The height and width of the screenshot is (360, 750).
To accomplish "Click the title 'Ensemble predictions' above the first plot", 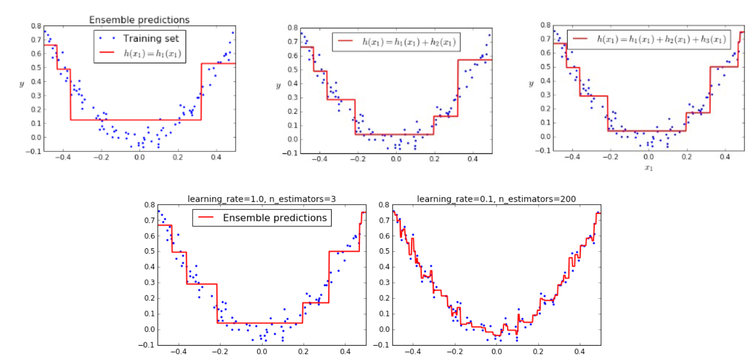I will (139, 20).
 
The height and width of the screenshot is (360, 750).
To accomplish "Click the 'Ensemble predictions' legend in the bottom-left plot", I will (275, 218).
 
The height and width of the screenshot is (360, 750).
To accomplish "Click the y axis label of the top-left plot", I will (22, 84).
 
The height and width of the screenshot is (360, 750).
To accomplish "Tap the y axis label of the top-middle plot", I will (278, 86).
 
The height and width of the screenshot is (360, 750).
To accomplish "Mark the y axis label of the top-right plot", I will (531, 84).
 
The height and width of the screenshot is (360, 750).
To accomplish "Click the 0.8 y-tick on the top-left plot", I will (35, 26).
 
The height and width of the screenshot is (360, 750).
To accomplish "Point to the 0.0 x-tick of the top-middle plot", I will (396, 159).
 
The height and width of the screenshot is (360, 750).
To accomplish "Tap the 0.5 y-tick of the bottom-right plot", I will (382, 251).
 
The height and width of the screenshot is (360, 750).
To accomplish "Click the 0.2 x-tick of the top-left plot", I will (178, 157).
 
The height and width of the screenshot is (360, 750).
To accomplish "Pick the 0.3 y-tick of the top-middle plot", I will (291, 98).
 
